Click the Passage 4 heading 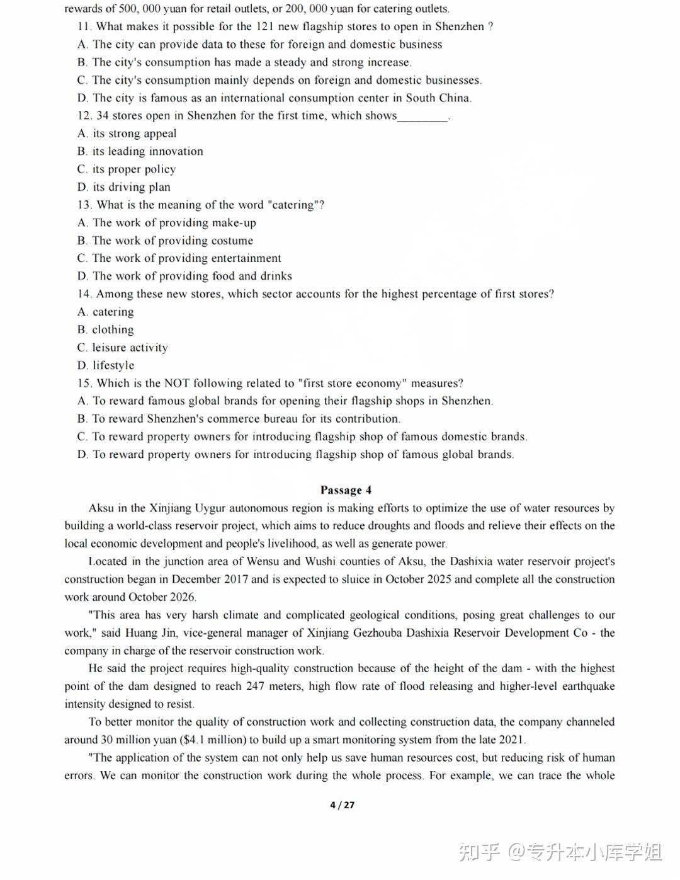click(x=346, y=490)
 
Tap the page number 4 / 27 click(x=342, y=805)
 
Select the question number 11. click(x=84, y=26)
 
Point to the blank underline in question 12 click(x=422, y=117)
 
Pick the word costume click(x=232, y=241)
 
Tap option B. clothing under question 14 click(x=106, y=329)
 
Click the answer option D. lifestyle click(x=106, y=365)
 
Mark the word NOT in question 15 click(x=177, y=383)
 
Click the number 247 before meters click(x=255, y=686)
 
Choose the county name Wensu click(x=263, y=561)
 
